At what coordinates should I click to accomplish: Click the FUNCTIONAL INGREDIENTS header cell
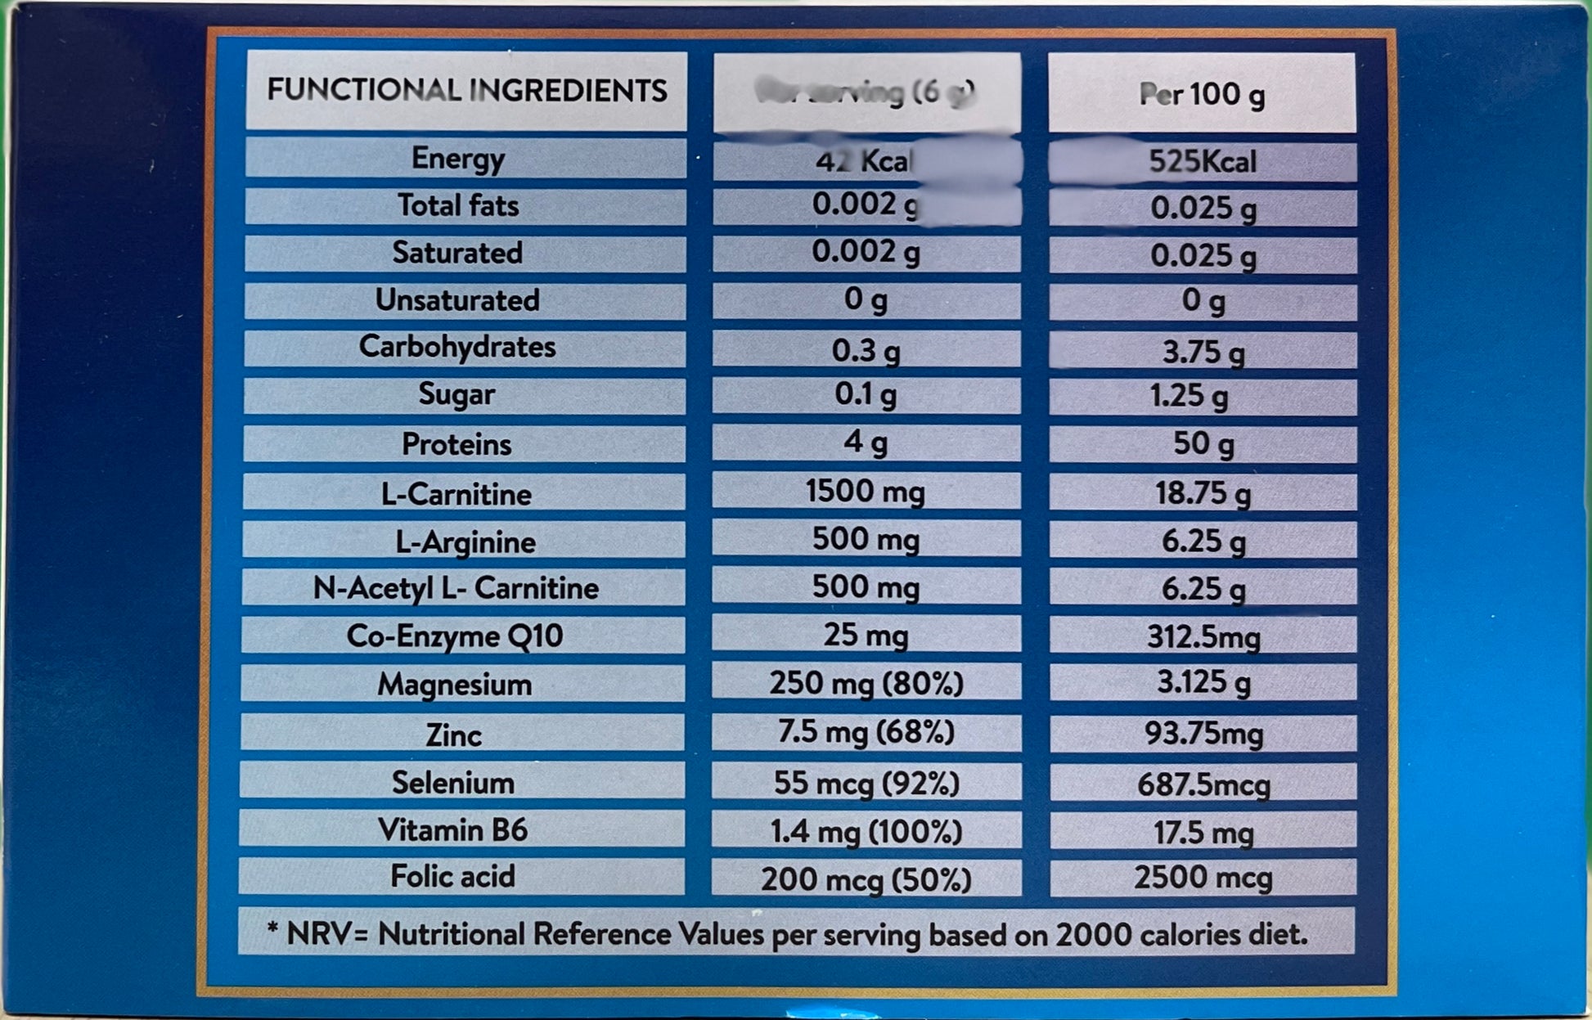click(466, 90)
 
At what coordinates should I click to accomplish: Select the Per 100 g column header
click(1202, 94)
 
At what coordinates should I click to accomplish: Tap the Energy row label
click(457, 158)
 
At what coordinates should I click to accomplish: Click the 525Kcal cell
click(1202, 162)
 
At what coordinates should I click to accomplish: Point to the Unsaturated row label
click(457, 300)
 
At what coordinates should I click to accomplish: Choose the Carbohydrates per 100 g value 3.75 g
click(1203, 352)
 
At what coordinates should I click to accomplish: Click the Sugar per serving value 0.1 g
click(866, 395)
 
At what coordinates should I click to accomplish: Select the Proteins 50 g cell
click(1203, 443)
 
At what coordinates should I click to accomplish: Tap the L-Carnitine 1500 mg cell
click(866, 492)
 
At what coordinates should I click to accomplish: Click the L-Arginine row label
click(465, 541)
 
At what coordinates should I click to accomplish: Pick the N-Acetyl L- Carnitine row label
click(456, 588)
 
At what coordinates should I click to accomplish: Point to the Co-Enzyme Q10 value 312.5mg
click(1203, 636)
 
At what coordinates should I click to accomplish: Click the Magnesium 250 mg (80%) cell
click(866, 683)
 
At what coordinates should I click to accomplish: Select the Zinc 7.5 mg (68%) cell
click(866, 731)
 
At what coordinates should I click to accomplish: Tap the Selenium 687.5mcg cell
click(1203, 784)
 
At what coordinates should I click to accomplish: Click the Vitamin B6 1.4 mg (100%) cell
click(866, 832)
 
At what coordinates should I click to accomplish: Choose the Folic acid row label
click(452, 876)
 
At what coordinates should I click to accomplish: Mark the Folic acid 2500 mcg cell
click(1203, 878)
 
